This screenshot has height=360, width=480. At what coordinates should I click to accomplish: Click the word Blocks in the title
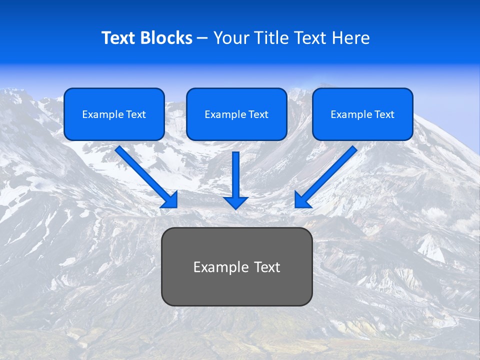[166, 38]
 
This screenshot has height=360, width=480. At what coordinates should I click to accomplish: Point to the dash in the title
[202, 38]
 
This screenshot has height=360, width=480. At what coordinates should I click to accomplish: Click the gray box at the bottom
[236, 287]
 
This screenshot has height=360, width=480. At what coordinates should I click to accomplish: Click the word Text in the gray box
[267, 267]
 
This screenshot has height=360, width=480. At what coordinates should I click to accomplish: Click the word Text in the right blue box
[384, 114]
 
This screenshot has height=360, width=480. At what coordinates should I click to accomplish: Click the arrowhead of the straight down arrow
[236, 202]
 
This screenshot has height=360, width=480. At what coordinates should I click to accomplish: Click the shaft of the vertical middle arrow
[236, 172]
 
